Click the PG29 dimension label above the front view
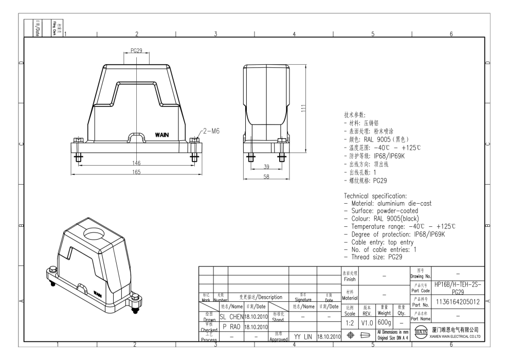point(136,51)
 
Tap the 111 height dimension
point(304,109)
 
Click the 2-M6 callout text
point(213,131)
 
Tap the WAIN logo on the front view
point(161,135)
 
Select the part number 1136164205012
point(458,302)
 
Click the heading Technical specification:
point(375,196)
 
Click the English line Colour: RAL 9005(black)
point(390,219)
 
